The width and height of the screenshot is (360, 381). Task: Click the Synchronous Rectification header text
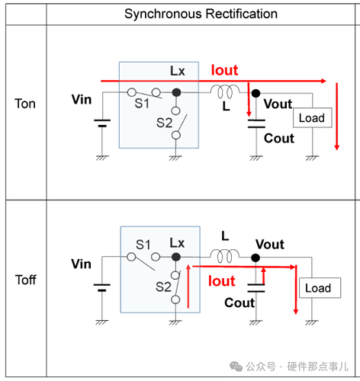tap(201, 14)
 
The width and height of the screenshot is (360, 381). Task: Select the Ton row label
tap(25, 104)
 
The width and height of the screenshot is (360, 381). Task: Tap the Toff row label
tap(26, 280)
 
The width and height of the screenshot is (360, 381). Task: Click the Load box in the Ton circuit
tap(313, 117)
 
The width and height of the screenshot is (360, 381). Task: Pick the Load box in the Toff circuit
tap(320, 288)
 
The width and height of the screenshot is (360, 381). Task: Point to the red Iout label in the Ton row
tap(225, 70)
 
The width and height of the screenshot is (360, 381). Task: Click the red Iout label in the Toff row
tap(222, 281)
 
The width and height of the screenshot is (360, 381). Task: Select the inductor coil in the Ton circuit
tap(225, 91)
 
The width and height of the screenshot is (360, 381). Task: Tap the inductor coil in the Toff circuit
tap(225, 256)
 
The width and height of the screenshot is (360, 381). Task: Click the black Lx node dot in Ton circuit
tap(176, 92)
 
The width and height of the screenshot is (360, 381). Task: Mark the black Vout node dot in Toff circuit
tap(256, 258)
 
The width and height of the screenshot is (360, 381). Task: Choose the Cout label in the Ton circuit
tap(279, 139)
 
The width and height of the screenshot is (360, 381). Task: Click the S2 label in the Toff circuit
tap(163, 287)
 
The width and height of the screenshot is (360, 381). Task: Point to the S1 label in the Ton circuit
tap(142, 104)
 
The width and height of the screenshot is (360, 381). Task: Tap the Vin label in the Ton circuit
tap(82, 99)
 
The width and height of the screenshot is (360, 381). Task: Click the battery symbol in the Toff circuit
tap(102, 287)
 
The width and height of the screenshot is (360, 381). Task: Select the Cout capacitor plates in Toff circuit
tap(256, 288)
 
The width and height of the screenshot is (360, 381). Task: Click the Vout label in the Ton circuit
tap(278, 104)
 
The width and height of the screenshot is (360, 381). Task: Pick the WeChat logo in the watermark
tap(236, 367)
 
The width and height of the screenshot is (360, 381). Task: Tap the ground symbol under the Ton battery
tap(102, 158)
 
